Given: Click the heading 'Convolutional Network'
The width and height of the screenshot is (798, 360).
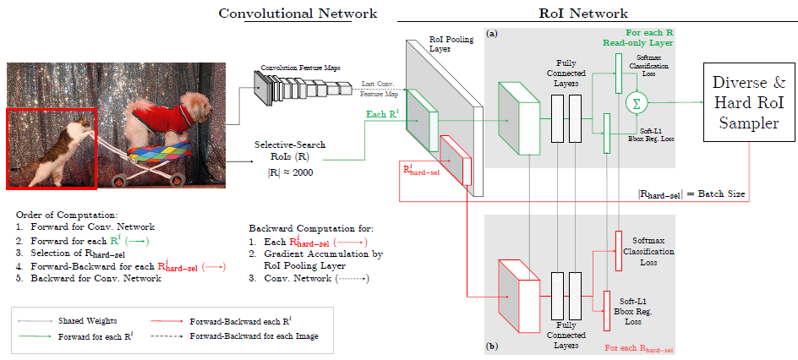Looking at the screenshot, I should click(298, 14).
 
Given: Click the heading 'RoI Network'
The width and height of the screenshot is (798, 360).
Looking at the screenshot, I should click(583, 14).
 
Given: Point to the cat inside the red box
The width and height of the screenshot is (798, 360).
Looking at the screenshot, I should click(59, 152).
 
